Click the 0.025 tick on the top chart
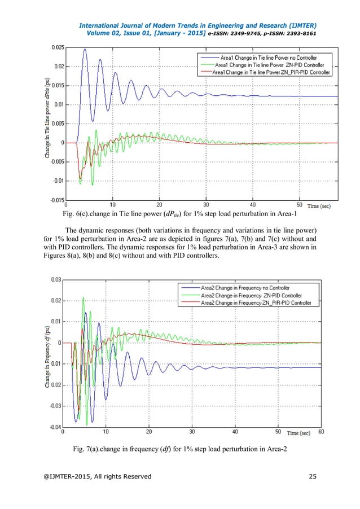(x=56, y=48)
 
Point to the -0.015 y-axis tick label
(x=55, y=200)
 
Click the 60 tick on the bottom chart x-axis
(x=321, y=432)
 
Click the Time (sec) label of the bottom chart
(x=299, y=433)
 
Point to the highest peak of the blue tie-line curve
(x=85, y=49)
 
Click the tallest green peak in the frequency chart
(x=84, y=297)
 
